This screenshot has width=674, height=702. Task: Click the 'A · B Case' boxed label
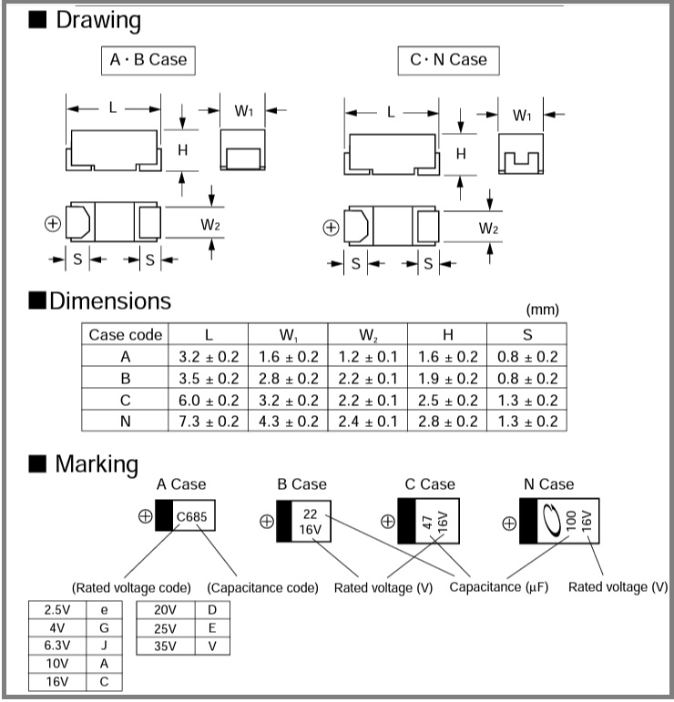coord(148,60)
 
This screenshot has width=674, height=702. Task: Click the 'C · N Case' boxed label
coord(448,60)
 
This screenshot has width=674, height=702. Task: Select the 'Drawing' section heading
coord(97,20)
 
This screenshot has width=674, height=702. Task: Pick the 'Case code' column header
coord(126,334)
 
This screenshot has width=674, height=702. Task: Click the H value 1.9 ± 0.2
coord(446,378)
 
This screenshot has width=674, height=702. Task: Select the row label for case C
coord(126,400)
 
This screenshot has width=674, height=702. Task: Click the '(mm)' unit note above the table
coord(544,310)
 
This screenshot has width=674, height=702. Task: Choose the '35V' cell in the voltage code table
coord(164,646)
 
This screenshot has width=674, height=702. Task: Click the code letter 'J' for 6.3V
coord(104,646)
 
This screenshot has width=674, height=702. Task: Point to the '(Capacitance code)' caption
coord(263,587)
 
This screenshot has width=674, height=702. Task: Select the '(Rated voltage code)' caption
coord(131,587)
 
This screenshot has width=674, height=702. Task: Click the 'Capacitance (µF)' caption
coord(499,587)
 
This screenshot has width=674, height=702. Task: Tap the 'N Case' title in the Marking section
coord(549,483)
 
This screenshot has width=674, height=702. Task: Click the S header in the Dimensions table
coord(526,334)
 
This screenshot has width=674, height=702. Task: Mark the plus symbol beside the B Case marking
coord(267,522)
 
